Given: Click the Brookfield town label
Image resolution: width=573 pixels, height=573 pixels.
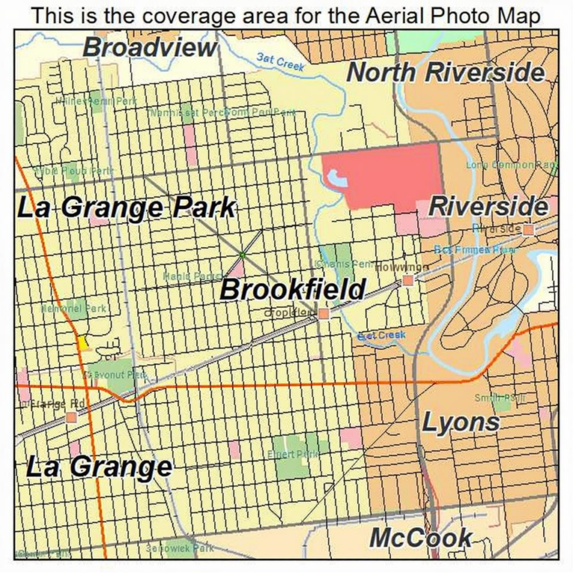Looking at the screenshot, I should (x=293, y=289).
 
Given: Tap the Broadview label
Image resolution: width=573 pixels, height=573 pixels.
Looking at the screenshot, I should (x=149, y=47).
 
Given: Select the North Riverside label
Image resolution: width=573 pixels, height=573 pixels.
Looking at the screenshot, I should (x=446, y=72).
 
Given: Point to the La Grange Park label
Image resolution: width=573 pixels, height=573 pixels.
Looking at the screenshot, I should (x=125, y=207).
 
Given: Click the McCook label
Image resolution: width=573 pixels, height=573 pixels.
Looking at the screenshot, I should (x=421, y=537).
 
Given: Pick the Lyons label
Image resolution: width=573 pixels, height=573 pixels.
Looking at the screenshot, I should (x=461, y=422).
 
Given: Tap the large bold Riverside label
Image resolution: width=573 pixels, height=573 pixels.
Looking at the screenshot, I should (x=489, y=206).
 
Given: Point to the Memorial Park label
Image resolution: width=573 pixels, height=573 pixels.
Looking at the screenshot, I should (x=73, y=307).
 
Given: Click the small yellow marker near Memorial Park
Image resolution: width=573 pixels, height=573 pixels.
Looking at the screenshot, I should (x=83, y=342).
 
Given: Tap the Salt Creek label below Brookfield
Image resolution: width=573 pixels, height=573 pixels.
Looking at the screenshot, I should (x=381, y=335).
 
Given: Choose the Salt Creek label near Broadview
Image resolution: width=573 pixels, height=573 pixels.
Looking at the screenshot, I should (x=280, y=61).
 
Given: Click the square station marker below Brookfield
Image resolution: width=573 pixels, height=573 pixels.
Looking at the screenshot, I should (x=323, y=314).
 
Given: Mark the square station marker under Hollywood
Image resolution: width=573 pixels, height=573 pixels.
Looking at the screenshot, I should (x=407, y=281).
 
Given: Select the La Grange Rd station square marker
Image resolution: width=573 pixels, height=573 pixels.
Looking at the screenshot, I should (x=72, y=417).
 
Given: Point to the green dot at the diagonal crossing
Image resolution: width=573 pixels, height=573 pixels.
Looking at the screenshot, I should (x=242, y=255).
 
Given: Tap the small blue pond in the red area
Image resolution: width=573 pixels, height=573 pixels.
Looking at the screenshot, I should (x=336, y=178).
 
